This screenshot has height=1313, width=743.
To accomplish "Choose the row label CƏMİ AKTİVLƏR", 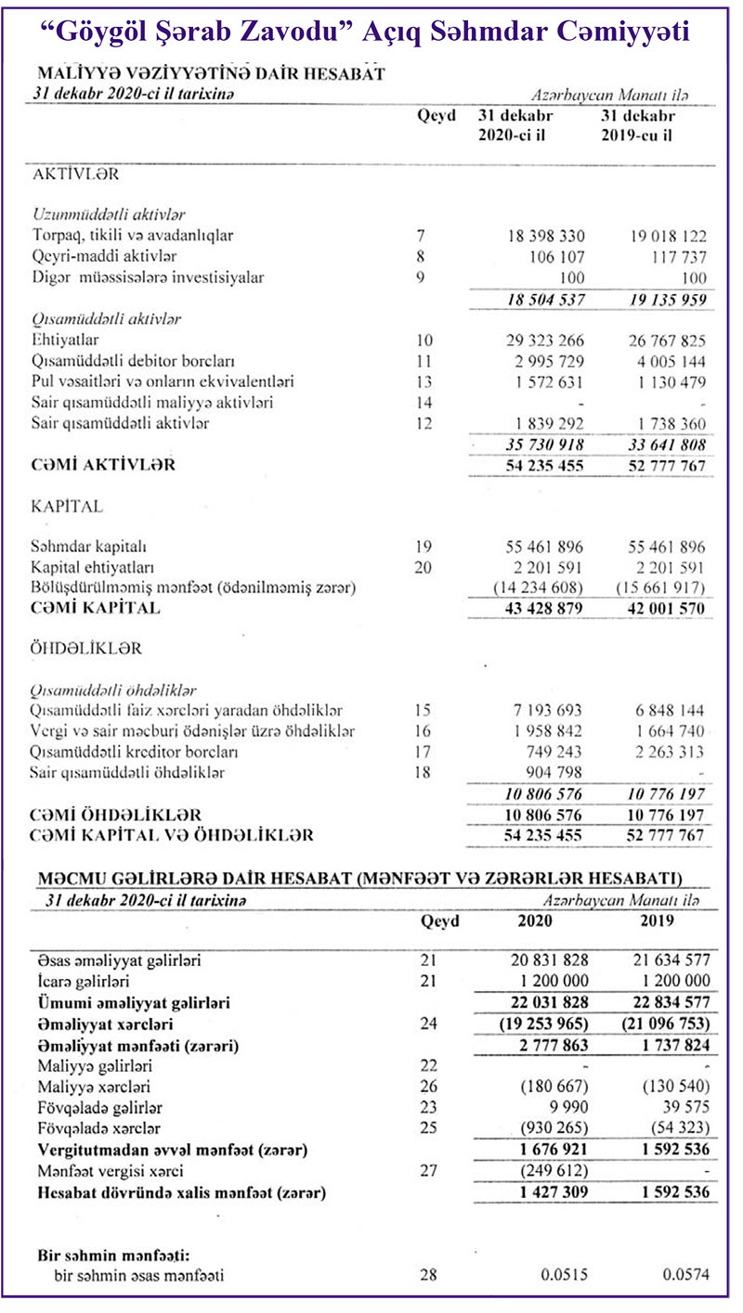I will (105, 465).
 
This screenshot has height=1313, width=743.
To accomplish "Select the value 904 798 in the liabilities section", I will (555, 772).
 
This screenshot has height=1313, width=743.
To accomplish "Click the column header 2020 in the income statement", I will (536, 922).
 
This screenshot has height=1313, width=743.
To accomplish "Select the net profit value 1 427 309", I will (546, 1191).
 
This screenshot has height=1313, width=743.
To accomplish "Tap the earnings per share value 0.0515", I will (565, 1275).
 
